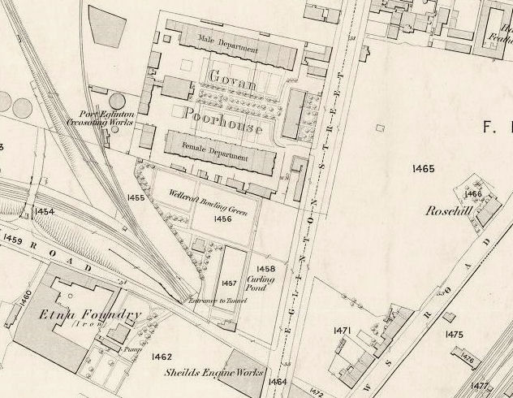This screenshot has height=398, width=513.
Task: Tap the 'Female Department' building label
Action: [x=207, y=146]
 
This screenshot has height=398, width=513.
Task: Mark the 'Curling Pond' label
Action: [x=266, y=283]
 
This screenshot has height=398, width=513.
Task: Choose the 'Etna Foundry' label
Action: [x=89, y=314]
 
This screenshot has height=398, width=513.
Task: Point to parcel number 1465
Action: [x=424, y=169]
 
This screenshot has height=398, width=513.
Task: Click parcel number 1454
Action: [x=44, y=212]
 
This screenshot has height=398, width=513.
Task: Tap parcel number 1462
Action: [x=162, y=357]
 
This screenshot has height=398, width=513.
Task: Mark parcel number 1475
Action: [x=455, y=335]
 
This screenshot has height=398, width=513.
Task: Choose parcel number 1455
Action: [x=136, y=197]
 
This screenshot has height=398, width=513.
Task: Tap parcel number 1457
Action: [x=229, y=283]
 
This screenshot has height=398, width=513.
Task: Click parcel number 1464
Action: [x=278, y=381]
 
